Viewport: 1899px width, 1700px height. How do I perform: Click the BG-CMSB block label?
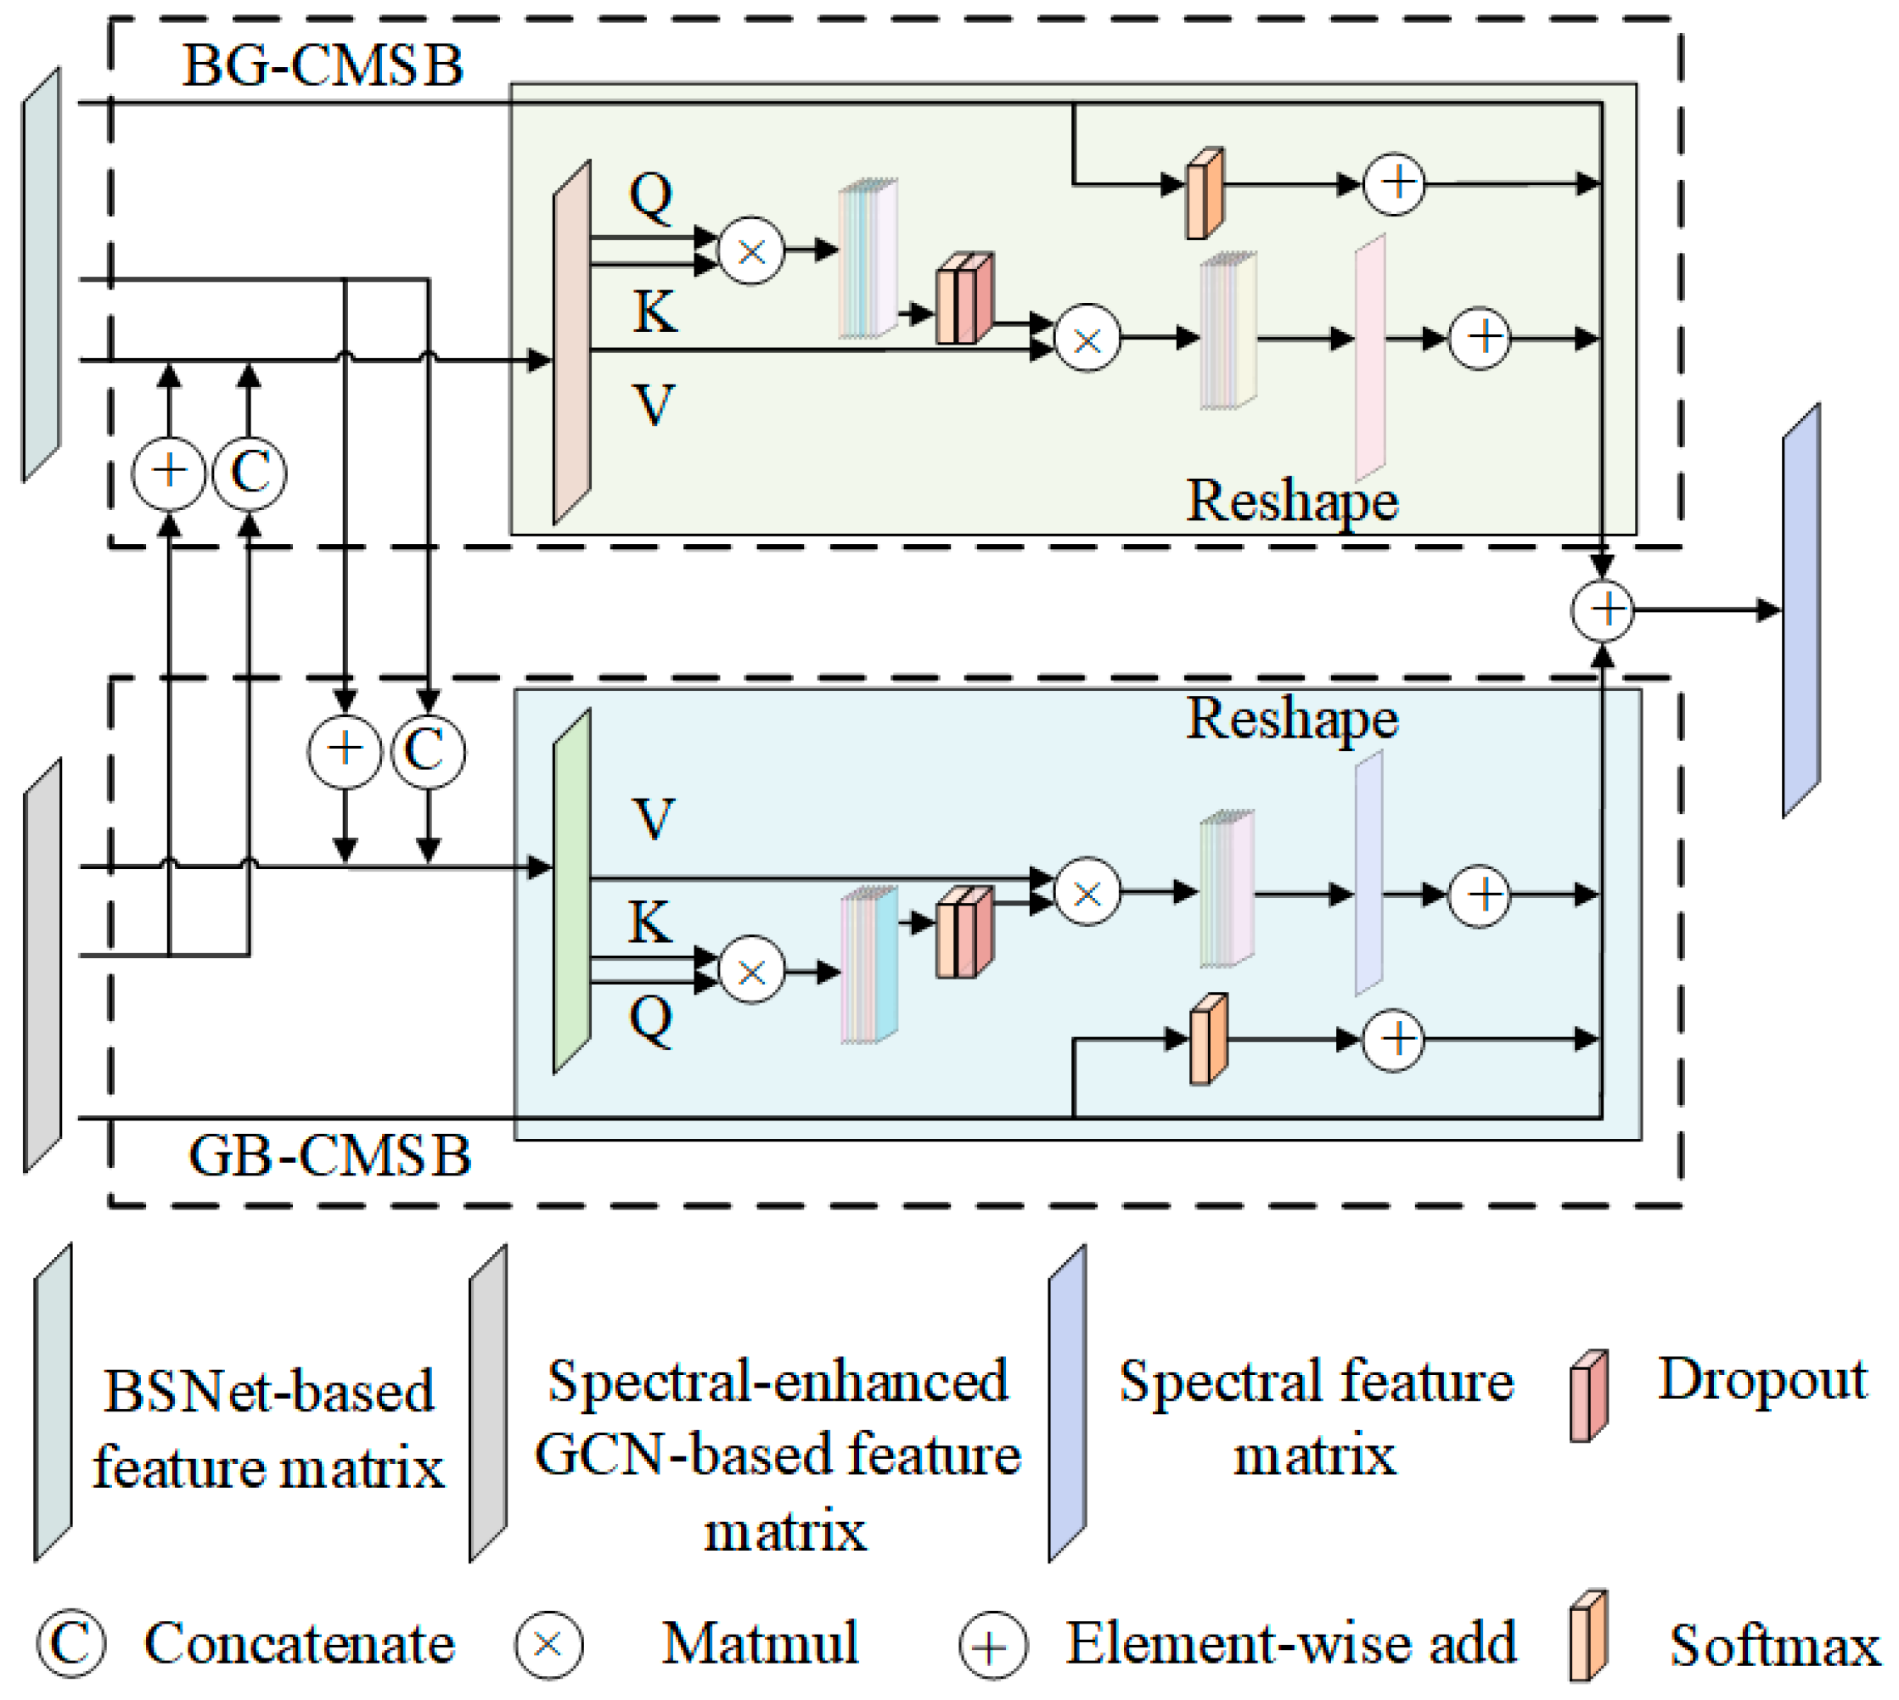tap(323, 65)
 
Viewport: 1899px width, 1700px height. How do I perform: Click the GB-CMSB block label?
tap(329, 1155)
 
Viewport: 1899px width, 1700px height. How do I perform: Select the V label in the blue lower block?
tap(652, 819)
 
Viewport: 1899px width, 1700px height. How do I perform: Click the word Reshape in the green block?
tap(1292, 502)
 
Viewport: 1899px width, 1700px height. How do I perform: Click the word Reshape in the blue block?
tap(1292, 719)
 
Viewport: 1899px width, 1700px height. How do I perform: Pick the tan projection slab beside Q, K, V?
tap(571, 343)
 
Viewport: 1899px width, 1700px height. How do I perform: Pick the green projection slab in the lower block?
tap(571, 892)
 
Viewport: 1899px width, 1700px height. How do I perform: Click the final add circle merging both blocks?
tap(1602, 610)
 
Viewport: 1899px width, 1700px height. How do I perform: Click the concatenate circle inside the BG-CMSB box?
tap(250, 473)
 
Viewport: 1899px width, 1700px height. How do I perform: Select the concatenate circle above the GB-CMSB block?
tap(428, 750)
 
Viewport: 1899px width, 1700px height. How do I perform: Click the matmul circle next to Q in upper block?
tap(751, 250)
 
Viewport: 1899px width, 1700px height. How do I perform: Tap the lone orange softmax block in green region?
tap(1204, 194)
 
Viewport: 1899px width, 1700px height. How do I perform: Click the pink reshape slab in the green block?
tap(1369, 356)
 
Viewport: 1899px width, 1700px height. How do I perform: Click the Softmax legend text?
tap(1773, 1645)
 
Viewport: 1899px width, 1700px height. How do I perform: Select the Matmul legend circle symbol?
tap(548, 1645)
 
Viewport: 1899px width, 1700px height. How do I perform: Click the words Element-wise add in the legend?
tap(1291, 1643)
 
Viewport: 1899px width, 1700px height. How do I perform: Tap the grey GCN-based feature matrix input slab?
tap(42, 965)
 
